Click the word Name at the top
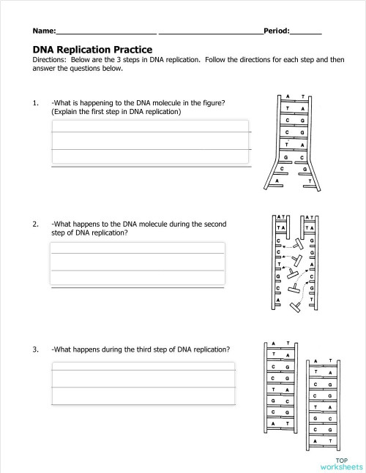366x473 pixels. point(43,31)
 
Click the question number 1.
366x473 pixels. point(35,103)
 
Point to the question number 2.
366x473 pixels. point(35,224)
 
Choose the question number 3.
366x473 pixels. point(35,349)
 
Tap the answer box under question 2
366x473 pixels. point(137,264)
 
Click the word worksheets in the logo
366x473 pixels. point(340,466)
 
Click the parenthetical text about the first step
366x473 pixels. point(116,112)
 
